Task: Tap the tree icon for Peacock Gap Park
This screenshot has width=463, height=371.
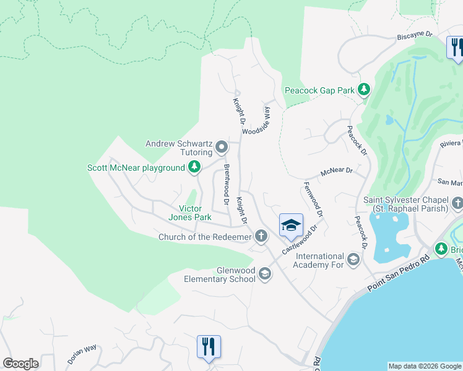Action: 364,90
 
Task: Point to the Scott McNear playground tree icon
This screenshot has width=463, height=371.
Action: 194,167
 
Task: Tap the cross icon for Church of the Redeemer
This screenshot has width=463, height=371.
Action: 262,236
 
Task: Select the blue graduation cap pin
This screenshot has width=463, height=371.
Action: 291,226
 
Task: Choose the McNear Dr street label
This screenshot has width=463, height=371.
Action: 336,171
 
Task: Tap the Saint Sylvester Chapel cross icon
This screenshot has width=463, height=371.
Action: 457,203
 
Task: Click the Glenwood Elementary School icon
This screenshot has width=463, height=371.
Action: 265,274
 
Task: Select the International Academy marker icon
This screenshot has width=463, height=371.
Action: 353,259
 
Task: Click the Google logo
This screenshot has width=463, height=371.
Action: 20,364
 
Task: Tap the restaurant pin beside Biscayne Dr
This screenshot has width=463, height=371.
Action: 456,48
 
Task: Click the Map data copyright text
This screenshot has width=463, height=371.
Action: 425,366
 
